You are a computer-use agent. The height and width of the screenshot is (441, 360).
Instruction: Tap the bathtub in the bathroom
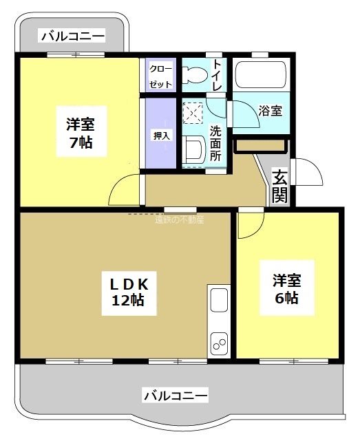(260, 74)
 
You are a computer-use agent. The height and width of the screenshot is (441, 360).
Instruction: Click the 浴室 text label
(269, 110)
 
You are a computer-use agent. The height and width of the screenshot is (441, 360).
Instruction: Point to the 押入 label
(160, 136)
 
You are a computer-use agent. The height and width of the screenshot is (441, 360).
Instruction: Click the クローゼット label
(161, 75)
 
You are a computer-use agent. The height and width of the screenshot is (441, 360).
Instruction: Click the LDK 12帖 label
(125, 290)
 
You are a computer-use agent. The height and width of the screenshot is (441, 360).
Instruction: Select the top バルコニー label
(72, 36)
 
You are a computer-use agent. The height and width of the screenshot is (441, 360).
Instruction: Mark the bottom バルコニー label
(175, 396)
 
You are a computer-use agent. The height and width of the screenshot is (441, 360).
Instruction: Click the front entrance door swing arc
(308, 171)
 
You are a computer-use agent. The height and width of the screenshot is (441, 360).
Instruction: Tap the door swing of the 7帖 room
(125, 189)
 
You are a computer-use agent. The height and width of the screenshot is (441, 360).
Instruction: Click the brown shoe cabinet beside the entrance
(260, 146)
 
